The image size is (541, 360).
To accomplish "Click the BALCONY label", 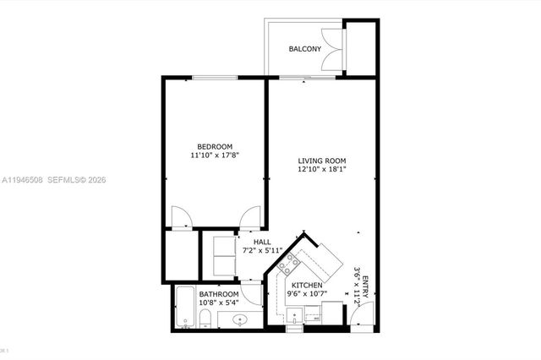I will [x=304, y=49].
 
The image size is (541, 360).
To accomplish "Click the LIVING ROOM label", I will [x=322, y=161].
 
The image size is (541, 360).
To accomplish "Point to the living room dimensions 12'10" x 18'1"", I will [x=322, y=170].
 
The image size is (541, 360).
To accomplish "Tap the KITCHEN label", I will [x=305, y=286].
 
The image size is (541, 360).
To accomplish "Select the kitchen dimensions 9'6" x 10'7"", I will [x=305, y=295].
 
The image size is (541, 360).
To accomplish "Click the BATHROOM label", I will [x=219, y=294].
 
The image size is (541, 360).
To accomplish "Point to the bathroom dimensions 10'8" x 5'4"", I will [x=219, y=303].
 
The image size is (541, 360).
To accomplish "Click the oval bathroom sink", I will [x=239, y=319].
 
